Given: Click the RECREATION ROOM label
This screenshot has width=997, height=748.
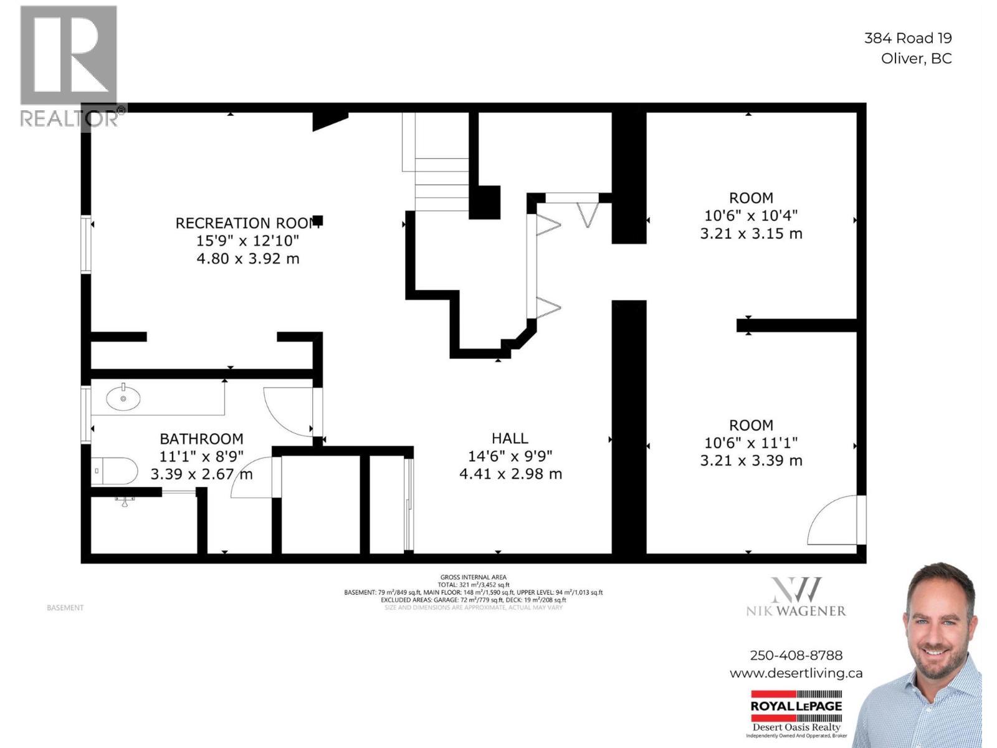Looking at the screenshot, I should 248,223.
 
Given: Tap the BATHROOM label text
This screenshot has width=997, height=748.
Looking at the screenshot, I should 201,439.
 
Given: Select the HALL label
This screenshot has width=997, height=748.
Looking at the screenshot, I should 510,439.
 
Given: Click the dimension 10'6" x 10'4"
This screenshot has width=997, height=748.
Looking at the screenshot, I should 751,216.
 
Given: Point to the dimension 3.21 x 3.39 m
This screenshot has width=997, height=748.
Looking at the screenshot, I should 751,461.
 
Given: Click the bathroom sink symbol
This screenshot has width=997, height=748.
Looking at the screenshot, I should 123,398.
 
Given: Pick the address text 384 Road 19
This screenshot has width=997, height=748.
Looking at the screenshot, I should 907,38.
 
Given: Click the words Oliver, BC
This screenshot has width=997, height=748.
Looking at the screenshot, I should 916,59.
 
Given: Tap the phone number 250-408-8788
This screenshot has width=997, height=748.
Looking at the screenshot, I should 796,656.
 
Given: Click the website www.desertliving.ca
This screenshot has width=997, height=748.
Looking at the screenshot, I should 796,673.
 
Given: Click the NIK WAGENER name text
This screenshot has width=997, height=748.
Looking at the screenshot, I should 796,611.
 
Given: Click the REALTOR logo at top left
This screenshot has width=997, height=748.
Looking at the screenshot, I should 69,65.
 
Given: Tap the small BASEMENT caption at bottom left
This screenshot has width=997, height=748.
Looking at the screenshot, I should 65,608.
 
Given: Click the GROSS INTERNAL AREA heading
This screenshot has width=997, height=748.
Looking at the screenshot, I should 473,578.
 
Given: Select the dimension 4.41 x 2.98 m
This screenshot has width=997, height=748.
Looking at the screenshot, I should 510,474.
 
